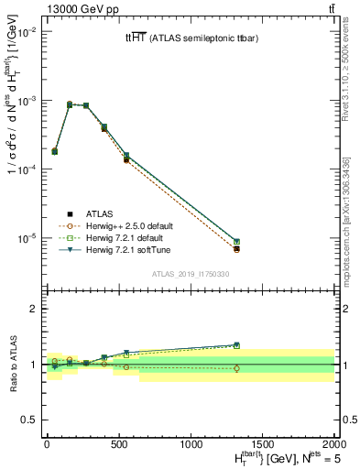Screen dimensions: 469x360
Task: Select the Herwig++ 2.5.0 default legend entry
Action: click(x=127, y=225)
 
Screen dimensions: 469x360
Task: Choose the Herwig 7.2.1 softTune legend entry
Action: click(x=126, y=249)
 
